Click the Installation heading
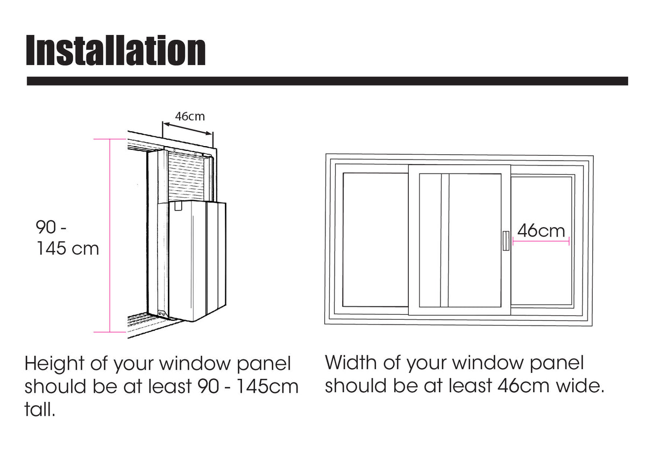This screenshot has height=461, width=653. pyautogui.click(x=116, y=50)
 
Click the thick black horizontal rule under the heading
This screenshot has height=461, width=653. pyautogui.click(x=328, y=81)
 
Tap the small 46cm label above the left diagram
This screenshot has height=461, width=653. pyautogui.click(x=190, y=117)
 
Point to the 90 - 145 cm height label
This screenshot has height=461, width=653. pyautogui.click(x=67, y=237)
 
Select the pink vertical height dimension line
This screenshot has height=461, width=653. pyautogui.click(x=110, y=235)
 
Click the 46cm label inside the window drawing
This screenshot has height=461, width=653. pyautogui.click(x=541, y=230)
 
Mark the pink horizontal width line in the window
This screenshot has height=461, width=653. pyautogui.click(x=541, y=241)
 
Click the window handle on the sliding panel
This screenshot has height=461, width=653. pyautogui.click(x=506, y=241)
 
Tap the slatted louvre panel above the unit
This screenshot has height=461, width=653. pyautogui.click(x=186, y=176)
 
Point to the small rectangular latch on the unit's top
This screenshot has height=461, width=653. pyautogui.click(x=178, y=206)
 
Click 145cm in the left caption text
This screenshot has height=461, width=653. pyautogui.click(x=267, y=386)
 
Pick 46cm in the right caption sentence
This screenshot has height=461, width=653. pyautogui.click(x=523, y=386)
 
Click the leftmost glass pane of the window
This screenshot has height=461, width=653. pyautogui.click(x=375, y=240)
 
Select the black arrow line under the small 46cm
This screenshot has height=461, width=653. pyautogui.click(x=187, y=129)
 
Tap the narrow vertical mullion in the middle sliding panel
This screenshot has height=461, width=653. pyautogui.click(x=444, y=240)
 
